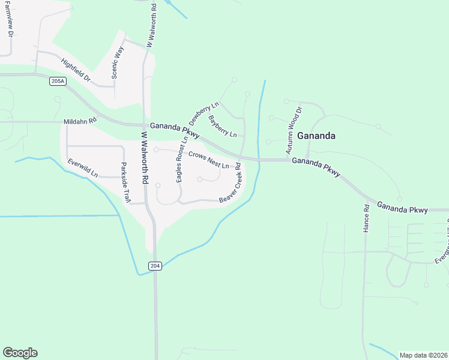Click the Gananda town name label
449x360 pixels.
click(316, 136)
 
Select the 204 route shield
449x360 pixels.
click(155, 266)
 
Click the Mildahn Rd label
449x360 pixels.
click(80, 121)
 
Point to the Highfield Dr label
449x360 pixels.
click(75, 70)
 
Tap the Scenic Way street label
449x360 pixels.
click(118, 63)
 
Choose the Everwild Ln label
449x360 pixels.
click(83, 168)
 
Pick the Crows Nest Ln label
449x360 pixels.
click(209, 160)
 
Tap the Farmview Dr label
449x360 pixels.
click(10, 18)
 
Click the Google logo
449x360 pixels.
click(20, 352)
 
